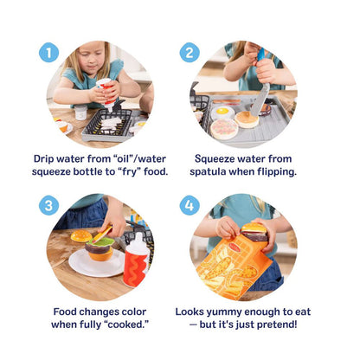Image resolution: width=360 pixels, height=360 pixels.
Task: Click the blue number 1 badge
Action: pyautogui.click(x=48, y=53)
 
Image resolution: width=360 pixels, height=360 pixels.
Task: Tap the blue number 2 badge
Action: pyautogui.click(x=190, y=53)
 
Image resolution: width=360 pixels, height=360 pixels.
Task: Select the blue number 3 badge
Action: pyautogui.click(x=48, y=206)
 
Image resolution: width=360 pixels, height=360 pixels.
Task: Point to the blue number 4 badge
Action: pyautogui.click(x=190, y=206)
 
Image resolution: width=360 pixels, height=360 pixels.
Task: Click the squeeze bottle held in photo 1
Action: pyautogui.click(x=106, y=89)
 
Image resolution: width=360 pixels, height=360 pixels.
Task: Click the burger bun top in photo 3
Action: pyautogui.click(x=81, y=235)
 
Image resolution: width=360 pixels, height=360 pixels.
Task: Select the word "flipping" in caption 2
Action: pyautogui.click(x=279, y=171)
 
